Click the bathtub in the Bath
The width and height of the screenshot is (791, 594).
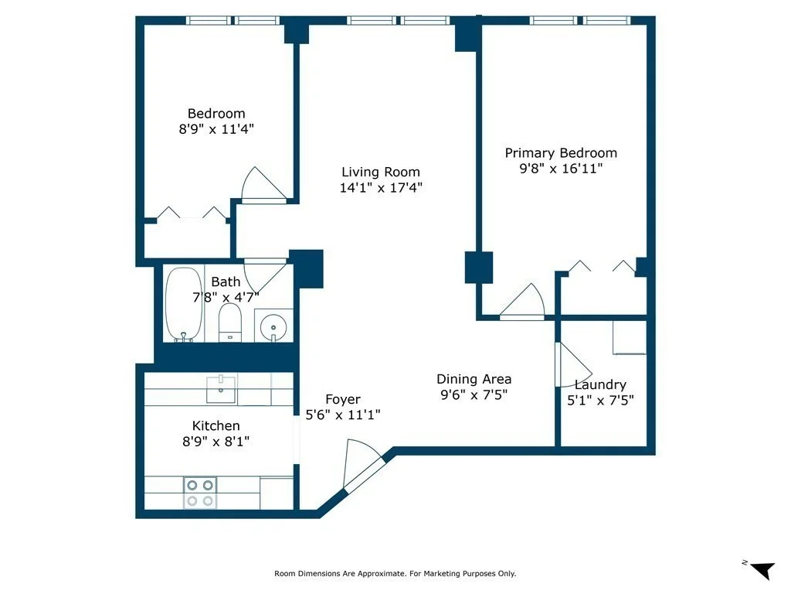click(184, 304)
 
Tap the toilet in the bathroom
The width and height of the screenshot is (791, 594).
click(230, 323)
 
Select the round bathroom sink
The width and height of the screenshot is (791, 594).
click(273, 326)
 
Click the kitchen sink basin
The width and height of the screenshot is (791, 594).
click(221, 389)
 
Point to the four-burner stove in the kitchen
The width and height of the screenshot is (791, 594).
click(200, 493)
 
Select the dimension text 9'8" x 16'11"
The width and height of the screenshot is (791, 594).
click(561, 169)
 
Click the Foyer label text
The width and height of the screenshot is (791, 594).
click(343, 400)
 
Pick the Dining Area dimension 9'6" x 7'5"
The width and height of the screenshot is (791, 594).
click(474, 395)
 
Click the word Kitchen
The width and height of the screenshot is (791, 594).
click(216, 426)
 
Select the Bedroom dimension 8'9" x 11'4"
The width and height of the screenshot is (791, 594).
click(216, 129)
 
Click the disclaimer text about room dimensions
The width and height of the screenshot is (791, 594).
click(395, 573)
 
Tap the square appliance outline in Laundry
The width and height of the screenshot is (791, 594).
click(630, 337)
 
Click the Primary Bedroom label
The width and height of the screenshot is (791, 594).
click(561, 153)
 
